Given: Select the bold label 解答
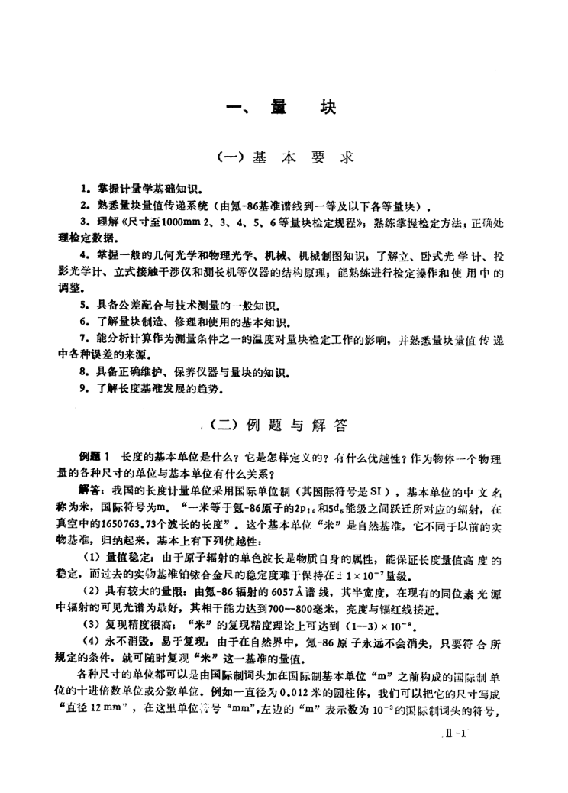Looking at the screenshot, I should click(x=93, y=488).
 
